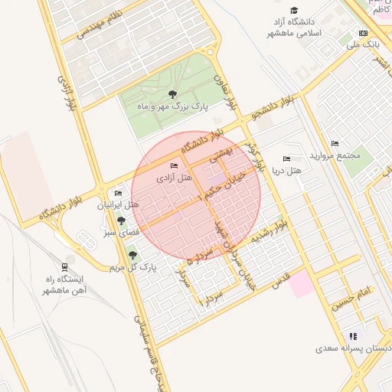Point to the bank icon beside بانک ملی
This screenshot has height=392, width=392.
tap(363, 33)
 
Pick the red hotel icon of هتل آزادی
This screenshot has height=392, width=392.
tap(175, 166)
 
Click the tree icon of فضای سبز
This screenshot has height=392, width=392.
tap(121, 221)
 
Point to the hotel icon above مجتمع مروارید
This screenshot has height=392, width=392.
tap(335, 143)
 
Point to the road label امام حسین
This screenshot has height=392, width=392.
tap(351, 297)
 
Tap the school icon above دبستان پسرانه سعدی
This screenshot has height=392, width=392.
tap(353, 336)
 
